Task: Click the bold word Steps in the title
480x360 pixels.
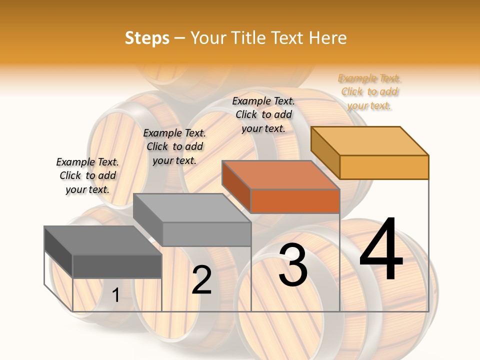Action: [x=147, y=38]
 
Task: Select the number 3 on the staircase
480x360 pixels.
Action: [x=293, y=264]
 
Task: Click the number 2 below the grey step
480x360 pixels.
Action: [x=201, y=280]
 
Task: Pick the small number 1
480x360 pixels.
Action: [x=115, y=295]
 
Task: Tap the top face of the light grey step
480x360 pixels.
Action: [x=192, y=208]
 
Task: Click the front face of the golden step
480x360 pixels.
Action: [x=384, y=167]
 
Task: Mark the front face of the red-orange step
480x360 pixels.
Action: [x=295, y=201]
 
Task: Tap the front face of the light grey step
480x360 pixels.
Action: [x=206, y=234]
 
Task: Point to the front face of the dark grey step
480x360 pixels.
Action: [x=117, y=266]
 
